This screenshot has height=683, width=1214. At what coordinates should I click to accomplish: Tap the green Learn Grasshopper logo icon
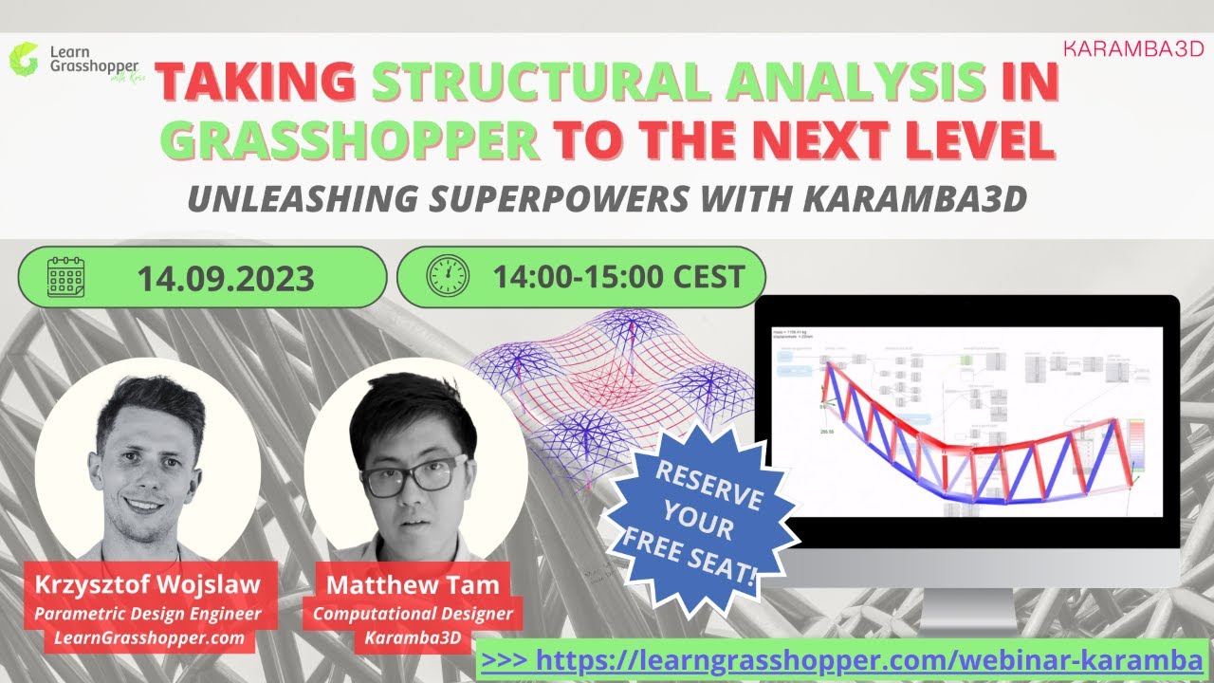(x=22, y=58)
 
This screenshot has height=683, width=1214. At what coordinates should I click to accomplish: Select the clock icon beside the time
(x=449, y=276)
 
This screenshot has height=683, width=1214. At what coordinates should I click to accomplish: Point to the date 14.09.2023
(x=226, y=278)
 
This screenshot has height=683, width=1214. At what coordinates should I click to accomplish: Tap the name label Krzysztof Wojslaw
(x=148, y=585)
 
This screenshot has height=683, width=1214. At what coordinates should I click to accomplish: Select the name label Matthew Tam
(x=413, y=585)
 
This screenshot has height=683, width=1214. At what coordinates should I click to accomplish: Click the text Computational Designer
(x=413, y=614)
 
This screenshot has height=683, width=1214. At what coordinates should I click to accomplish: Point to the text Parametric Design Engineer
(x=148, y=614)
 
